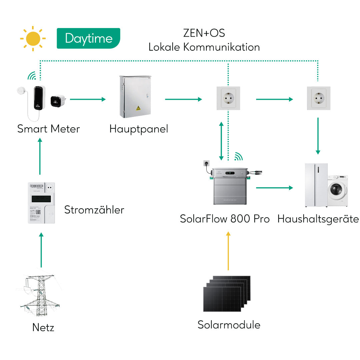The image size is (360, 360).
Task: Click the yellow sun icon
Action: coord(33,39)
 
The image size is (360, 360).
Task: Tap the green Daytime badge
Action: coord(88,38)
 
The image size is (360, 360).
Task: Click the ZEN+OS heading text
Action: coord(204,33)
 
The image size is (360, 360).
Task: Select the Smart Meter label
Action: coord(49,129)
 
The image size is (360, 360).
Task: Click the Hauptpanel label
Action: coord(139,129)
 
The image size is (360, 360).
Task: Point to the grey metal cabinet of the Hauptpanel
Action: coord(135,97)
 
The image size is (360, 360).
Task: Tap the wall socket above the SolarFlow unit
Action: coord(228,98)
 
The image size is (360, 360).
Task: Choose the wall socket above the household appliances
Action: coord(318,98)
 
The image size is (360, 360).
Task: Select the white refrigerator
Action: coord(316,185)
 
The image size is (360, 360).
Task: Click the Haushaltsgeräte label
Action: coord(318,219)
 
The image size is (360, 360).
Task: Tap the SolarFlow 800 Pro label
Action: coord(225,219)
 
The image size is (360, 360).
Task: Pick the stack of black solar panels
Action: coord(227,293)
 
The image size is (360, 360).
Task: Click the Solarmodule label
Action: coord(229,325)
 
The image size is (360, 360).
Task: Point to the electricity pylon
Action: coord(40,295)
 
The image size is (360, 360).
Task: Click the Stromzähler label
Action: coord(94,210)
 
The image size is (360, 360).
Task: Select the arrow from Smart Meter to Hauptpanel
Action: coord(88,99)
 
